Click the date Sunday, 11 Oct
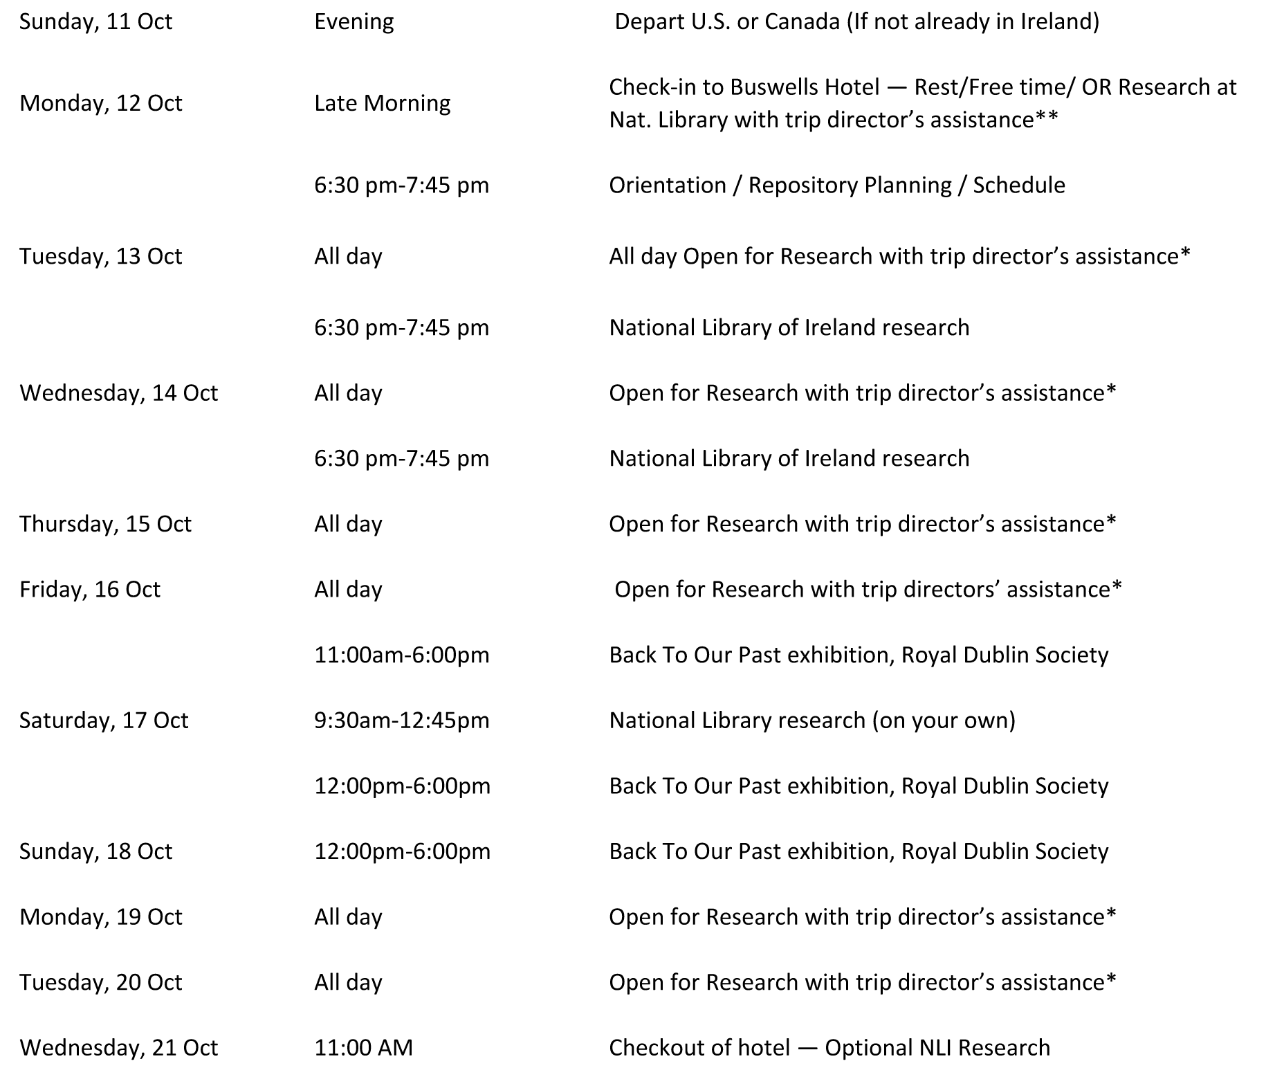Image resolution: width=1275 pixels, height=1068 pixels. (95, 21)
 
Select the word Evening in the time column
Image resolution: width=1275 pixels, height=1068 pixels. (354, 21)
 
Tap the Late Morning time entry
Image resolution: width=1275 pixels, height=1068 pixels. (382, 103)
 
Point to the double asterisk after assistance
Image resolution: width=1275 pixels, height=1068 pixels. (1046, 119)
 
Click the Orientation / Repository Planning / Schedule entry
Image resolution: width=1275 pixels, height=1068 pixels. (836, 185)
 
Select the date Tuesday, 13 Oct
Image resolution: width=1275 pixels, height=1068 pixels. (100, 256)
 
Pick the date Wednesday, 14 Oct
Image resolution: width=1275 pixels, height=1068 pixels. (118, 393)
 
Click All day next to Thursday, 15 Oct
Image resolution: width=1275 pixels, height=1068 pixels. (348, 524)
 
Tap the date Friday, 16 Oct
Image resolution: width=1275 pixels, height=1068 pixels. (90, 590)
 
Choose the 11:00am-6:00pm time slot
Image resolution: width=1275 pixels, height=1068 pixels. (401, 655)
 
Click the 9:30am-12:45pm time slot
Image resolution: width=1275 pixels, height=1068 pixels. (401, 721)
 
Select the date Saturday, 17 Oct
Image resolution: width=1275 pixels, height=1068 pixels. (104, 721)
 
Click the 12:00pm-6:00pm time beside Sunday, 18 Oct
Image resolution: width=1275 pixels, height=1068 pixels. (402, 851)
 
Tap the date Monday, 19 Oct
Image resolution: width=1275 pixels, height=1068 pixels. (100, 917)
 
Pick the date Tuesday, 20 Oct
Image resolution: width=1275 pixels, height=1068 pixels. (100, 982)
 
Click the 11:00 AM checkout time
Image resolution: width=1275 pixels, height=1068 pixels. (363, 1048)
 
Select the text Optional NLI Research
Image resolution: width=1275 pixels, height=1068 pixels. (937, 1048)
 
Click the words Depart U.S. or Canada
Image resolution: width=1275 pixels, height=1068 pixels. (726, 21)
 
